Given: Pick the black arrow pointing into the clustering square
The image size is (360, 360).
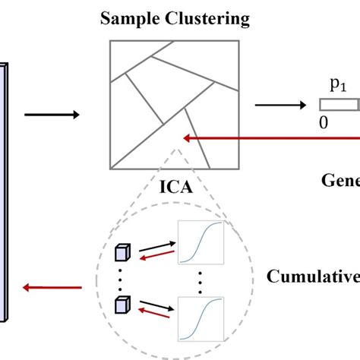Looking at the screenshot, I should point(52,115).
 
